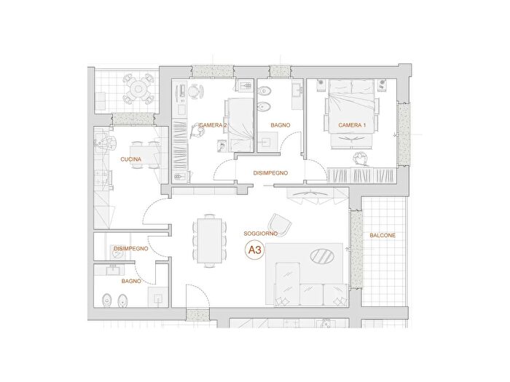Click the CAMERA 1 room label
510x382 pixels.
click(x=352, y=125)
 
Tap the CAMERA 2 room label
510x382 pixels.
click(x=213, y=125)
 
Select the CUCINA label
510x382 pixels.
click(x=130, y=159)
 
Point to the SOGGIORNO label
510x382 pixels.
click(x=261, y=234)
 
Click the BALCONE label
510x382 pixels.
click(x=382, y=235)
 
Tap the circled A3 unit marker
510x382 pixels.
click(x=255, y=250)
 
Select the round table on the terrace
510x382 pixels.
click(x=138, y=89)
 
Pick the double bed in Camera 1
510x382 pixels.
click(x=352, y=106)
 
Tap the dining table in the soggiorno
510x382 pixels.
click(x=210, y=240)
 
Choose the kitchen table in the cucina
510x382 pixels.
click(x=144, y=155)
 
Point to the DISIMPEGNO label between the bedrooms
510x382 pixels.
click(x=270, y=173)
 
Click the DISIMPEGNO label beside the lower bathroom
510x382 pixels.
click(x=130, y=249)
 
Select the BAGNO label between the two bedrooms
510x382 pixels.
click(x=280, y=125)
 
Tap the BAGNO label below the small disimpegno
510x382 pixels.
click(x=131, y=281)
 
